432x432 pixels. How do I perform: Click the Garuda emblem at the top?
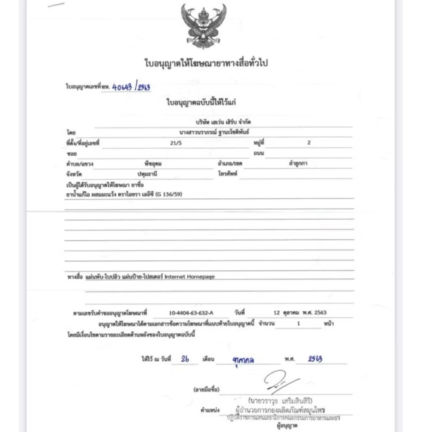pyautogui.click(x=203, y=26)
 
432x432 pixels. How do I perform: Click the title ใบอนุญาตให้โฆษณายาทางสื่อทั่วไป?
pyautogui.click(x=206, y=64)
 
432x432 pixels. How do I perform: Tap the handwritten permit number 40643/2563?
pyautogui.click(x=131, y=87)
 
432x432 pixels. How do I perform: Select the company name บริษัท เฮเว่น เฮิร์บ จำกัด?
pyautogui.click(x=223, y=122)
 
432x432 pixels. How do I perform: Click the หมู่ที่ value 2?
pyautogui.click(x=309, y=143)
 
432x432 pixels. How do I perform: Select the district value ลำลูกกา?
pyautogui.click(x=298, y=163)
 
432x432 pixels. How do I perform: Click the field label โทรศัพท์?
pyautogui.click(x=229, y=174)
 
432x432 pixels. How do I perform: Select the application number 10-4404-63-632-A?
pyautogui.click(x=191, y=313)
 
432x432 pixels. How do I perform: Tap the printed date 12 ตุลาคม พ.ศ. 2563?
pyautogui.click(x=300, y=313)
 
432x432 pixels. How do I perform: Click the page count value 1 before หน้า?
pyautogui.click(x=298, y=324)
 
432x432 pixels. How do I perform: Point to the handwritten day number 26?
pyautogui.click(x=184, y=359)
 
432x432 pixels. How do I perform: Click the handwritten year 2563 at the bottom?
pyautogui.click(x=315, y=359)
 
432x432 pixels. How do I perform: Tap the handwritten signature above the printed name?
pyautogui.click(x=280, y=382)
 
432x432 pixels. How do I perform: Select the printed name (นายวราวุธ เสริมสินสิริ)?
pyautogui.click(x=280, y=400)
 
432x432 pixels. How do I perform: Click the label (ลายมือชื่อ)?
pyautogui.click(x=206, y=389)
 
